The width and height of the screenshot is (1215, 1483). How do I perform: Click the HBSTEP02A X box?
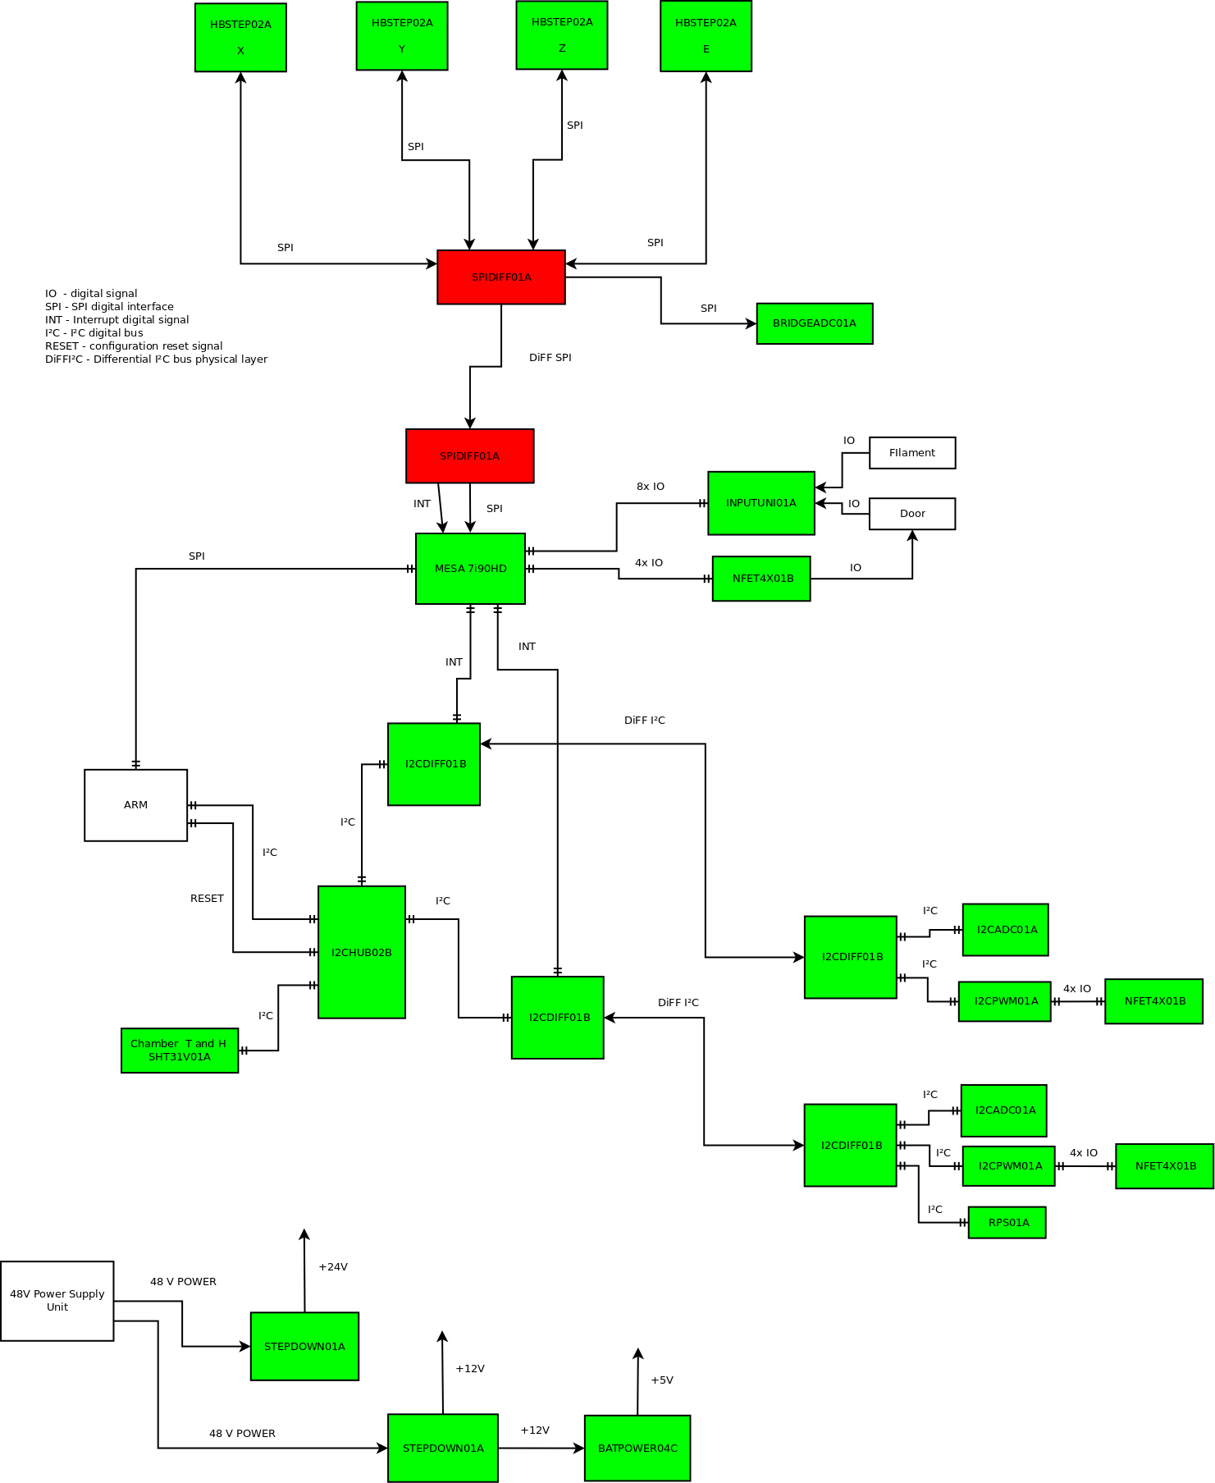coord(240,38)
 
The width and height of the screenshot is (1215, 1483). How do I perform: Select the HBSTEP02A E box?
coord(706,36)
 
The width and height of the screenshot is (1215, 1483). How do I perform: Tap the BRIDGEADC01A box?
coord(814,323)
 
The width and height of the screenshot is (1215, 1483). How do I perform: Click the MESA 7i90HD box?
coord(470,569)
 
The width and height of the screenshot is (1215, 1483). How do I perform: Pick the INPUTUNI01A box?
coord(761,503)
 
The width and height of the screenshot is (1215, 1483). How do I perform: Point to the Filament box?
coord(911,453)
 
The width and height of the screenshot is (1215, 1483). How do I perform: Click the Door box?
coord(911,514)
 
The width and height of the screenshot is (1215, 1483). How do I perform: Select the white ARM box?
coord(135,805)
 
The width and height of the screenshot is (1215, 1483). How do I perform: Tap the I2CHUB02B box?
coord(361,952)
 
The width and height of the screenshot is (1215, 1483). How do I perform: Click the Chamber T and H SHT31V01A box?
coord(179,1050)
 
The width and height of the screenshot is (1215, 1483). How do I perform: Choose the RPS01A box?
coord(1007,1223)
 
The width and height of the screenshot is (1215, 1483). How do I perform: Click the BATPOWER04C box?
coord(637,1449)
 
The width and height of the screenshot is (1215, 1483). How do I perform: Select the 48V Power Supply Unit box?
coord(57,1301)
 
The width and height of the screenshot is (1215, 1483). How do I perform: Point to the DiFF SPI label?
coord(550,358)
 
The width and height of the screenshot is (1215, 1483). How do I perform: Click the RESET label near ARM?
coord(207,899)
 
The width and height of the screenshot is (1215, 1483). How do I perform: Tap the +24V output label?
coord(332,1267)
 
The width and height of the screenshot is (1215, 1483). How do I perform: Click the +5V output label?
coord(661,1380)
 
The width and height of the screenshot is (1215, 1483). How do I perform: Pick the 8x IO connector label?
coord(650,487)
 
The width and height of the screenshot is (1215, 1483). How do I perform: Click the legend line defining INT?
coord(117,320)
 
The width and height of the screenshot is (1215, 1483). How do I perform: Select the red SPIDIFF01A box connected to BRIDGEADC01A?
coord(500,277)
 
